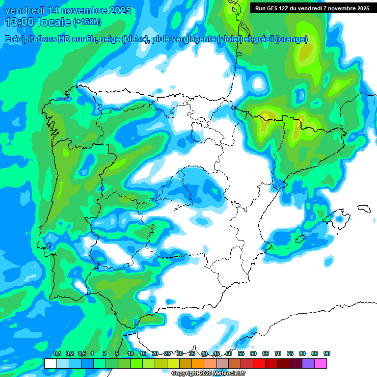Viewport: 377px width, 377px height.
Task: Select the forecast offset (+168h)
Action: coord(87,22)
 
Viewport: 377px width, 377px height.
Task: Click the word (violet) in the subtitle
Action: coord(234,39)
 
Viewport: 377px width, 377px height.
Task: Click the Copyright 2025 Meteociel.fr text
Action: coord(208,374)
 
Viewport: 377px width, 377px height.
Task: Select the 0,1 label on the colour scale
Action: coord(57,353)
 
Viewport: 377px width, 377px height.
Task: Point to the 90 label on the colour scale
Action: coord(327,353)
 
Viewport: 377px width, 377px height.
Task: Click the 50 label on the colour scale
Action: coord(229,353)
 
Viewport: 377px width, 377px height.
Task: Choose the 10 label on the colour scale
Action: coord(131,353)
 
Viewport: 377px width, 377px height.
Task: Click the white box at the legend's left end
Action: coord(51,363)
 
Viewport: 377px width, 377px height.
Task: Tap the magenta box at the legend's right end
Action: coord(321,363)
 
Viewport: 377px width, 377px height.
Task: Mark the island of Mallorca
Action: coord(339,216)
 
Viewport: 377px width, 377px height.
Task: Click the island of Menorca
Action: coord(364,208)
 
